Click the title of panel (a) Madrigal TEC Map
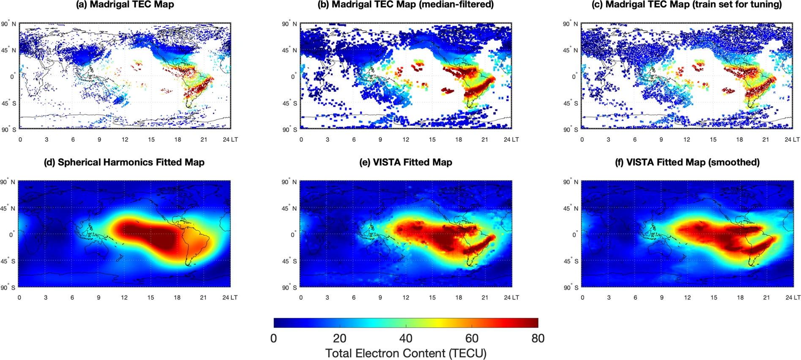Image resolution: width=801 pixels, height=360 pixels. point(125,5)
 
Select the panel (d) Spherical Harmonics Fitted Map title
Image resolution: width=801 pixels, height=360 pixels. point(124,162)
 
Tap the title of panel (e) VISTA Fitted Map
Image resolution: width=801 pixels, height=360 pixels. point(406,162)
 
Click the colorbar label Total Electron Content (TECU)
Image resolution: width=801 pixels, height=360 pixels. point(406,353)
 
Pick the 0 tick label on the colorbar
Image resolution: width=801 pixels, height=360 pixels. point(274,338)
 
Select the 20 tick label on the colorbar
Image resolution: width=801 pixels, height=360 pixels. point(340,338)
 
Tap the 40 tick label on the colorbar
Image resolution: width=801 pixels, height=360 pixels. point(406,338)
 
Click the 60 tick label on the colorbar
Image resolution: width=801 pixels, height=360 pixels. point(472,338)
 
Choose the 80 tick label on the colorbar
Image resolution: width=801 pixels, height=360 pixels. point(538,338)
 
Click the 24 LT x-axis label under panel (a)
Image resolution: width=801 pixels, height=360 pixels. point(230,139)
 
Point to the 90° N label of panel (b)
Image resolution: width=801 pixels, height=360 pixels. point(290,24)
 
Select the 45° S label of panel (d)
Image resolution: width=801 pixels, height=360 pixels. point(9,261)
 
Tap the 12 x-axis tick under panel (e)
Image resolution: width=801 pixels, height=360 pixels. point(406,297)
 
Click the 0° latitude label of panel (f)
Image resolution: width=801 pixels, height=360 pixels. point(574,235)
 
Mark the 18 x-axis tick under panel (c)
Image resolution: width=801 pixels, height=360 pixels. point(739,139)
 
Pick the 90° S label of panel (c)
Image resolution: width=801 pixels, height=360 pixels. point(571,129)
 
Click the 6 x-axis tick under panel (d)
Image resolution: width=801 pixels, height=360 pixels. point(72,297)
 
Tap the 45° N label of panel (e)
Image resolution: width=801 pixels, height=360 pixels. point(290,208)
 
